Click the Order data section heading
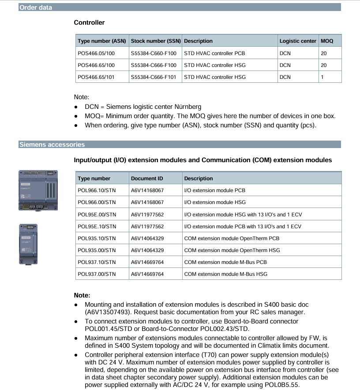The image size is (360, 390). (x=36, y=7)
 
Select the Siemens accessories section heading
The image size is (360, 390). (x=52, y=145)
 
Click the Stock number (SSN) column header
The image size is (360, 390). (x=156, y=41)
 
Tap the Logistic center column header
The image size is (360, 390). (x=298, y=41)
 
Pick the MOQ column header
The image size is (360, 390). (x=327, y=41)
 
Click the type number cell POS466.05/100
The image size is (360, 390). (x=96, y=53)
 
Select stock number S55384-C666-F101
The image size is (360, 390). (x=154, y=77)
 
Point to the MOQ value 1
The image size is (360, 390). (x=322, y=77)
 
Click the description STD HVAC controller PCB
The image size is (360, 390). (x=214, y=53)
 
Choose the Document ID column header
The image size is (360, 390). (x=147, y=178)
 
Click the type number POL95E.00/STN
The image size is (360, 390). (x=97, y=215)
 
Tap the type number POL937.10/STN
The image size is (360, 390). (x=97, y=262)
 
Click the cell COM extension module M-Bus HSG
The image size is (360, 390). (x=225, y=274)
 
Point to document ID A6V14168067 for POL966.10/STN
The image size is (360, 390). (x=147, y=190)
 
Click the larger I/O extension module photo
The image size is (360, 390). (x=37, y=190)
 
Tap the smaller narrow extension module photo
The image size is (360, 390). (x=28, y=244)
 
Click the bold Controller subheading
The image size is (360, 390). (x=89, y=22)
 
